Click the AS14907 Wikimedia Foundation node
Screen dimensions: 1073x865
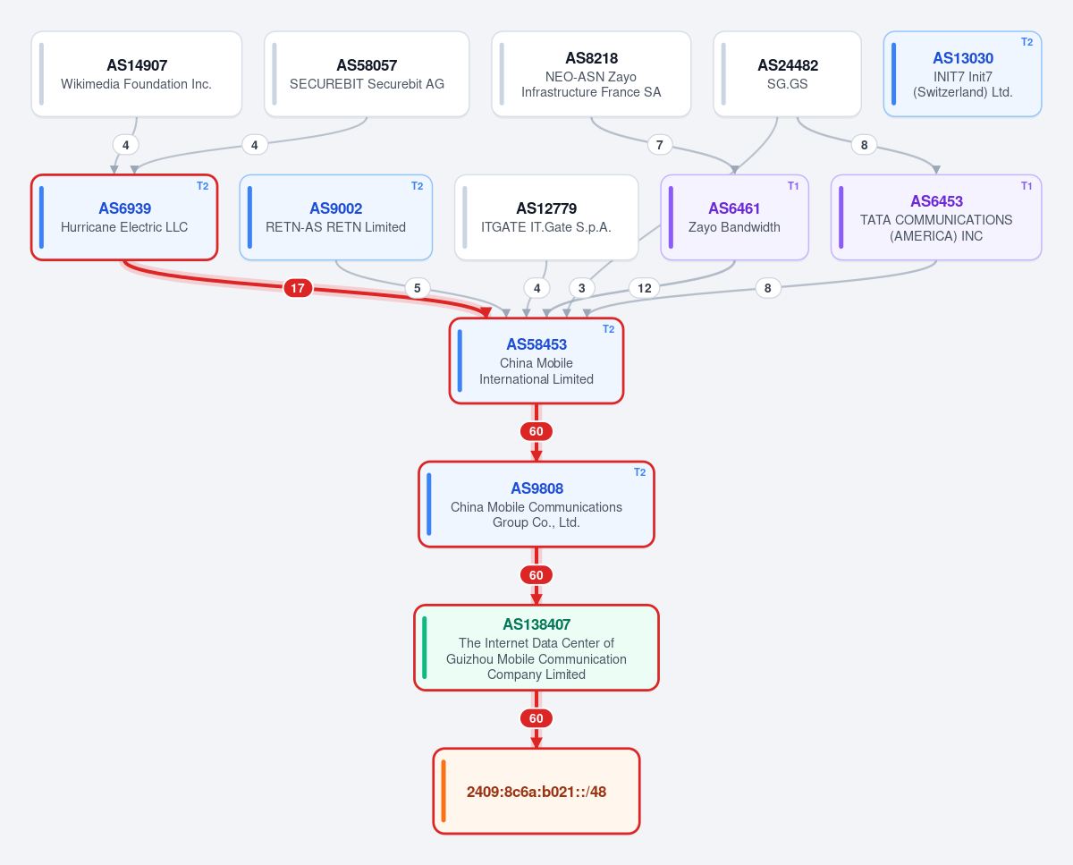pyautogui.click(x=137, y=74)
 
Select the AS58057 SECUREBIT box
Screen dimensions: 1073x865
pyautogui.click(x=367, y=74)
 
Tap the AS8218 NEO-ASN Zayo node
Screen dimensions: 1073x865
pyautogui.click(x=591, y=74)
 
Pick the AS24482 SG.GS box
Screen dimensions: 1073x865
pyautogui.click(x=787, y=74)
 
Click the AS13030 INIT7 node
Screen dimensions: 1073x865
pyautogui.click(x=962, y=74)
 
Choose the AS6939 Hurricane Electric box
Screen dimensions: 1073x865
pyautogui.click(x=124, y=217)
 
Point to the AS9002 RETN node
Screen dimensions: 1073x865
pyautogui.click(x=335, y=217)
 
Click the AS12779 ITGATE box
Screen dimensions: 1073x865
pyautogui.click(x=546, y=217)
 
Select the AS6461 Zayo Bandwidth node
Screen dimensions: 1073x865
pyautogui.click(x=734, y=217)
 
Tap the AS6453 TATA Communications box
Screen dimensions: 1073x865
pyautogui.click(x=936, y=217)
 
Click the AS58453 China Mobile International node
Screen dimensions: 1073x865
pyautogui.click(x=536, y=360)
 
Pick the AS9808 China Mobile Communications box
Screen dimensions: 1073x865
pyautogui.click(x=536, y=505)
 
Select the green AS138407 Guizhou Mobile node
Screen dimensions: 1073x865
pyautogui.click(x=536, y=648)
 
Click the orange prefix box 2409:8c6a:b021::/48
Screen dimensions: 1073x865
pyautogui.click(x=536, y=791)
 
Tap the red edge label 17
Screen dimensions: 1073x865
pyautogui.click(x=298, y=288)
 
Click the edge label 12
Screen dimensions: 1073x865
pyautogui.click(x=644, y=288)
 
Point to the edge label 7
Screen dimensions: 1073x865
pyautogui.click(x=660, y=145)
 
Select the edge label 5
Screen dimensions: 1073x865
pyautogui.click(x=418, y=288)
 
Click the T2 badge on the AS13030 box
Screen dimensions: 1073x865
pyautogui.click(x=1027, y=42)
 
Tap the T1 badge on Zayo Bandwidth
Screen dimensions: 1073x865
pyautogui.click(x=793, y=186)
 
